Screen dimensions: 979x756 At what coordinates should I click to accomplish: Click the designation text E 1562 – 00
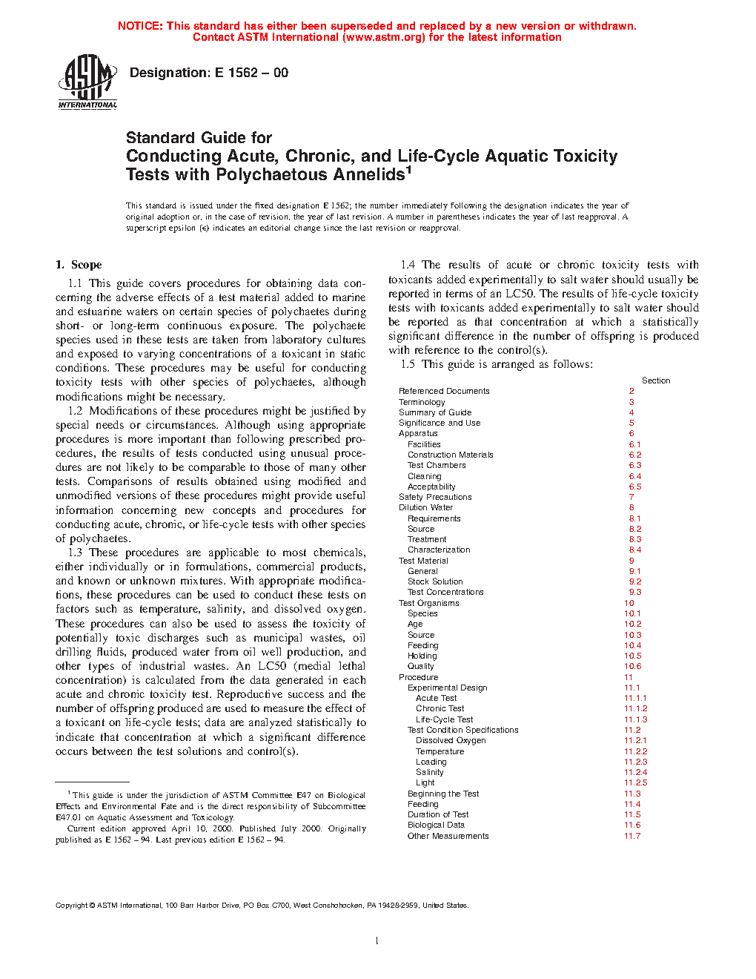(208, 73)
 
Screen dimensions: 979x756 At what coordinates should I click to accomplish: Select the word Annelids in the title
(368, 175)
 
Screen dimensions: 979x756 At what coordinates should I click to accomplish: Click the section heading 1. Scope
(79, 265)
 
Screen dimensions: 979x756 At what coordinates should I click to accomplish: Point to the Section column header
(656, 380)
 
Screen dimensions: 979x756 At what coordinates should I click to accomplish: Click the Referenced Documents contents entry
(444, 391)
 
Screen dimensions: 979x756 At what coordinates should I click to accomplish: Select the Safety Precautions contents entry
(435, 497)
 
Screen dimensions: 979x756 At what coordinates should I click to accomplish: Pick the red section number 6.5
(635, 487)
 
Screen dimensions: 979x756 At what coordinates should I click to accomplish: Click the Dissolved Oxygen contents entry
(451, 740)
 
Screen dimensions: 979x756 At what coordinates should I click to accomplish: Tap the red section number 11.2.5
(635, 782)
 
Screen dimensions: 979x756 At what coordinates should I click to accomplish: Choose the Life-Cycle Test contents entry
(444, 719)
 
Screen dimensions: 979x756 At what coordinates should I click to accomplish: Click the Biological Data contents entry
(436, 825)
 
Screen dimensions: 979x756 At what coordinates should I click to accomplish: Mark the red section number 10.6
(632, 666)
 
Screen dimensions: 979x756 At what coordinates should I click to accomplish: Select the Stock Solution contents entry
(435, 581)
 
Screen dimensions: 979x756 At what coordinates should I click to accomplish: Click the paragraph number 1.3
(75, 553)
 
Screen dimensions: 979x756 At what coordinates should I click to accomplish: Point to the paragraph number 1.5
(408, 364)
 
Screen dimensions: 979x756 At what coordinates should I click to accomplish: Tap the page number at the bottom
(377, 941)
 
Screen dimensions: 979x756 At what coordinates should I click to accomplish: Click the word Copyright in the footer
(72, 905)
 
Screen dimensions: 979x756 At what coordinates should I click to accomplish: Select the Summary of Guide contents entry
(435, 412)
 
